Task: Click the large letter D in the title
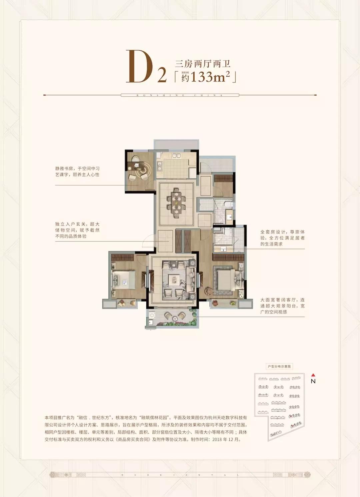pos(139,67)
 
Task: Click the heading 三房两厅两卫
pos(203,63)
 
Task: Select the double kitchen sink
pos(176,156)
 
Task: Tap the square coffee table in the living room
pos(174,279)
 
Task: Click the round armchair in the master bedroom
pos(208,291)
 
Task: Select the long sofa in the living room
pos(191,279)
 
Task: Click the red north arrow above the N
pos(313,375)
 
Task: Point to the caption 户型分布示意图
pos(279,366)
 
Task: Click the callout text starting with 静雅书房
pos(77,172)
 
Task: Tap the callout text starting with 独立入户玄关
pos(77,230)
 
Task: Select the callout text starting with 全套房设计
pos(282,238)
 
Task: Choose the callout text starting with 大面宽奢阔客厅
pos(282,306)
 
